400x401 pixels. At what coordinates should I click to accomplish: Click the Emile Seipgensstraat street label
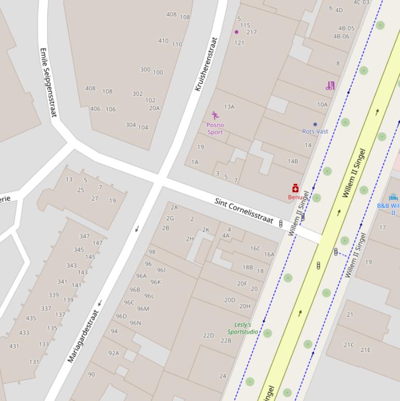pos(48,83)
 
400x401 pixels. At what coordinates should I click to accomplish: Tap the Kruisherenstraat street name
pos(205,64)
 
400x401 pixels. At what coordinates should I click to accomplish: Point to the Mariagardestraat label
pos(83,336)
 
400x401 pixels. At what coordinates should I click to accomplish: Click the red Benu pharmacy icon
pos(295,189)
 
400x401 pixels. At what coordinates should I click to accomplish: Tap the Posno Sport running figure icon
pos(215,116)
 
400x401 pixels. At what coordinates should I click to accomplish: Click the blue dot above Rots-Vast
pos(315,124)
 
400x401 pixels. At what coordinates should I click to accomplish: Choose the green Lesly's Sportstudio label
pos(242,328)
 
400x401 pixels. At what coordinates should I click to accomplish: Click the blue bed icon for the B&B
pos(393,197)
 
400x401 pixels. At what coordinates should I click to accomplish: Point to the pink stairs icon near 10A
pos(330,86)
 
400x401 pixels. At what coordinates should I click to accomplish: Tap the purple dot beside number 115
pos(236,32)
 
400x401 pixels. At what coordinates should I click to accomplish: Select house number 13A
pos(229,107)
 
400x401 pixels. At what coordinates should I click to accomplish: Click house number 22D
pos(209,335)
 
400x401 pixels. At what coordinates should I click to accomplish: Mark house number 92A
pos(113,353)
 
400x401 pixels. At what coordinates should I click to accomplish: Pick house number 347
pos(84,236)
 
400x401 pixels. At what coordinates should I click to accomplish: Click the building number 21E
pos(366,350)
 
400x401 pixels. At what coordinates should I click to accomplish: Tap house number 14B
pos(293,161)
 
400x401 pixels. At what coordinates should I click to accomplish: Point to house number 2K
pos(205,230)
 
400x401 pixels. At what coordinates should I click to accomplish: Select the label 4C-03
pos(362,3)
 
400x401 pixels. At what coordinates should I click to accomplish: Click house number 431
pos(14,346)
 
